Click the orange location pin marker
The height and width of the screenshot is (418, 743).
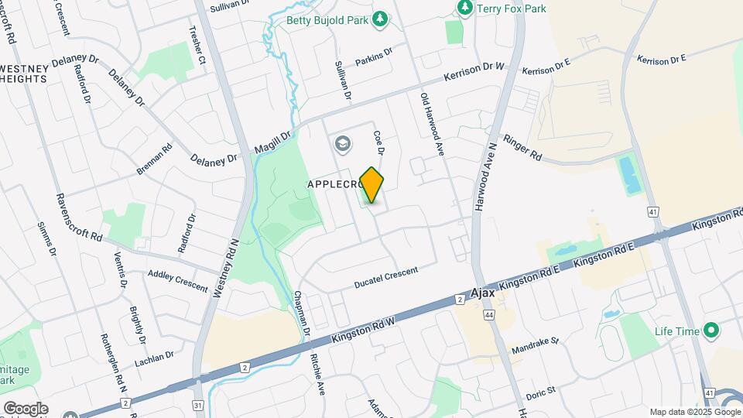click(372, 184)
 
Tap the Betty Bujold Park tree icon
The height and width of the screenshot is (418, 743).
click(379, 19)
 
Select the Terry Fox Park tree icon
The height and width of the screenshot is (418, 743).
click(464, 9)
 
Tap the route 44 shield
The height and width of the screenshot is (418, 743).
click(488, 316)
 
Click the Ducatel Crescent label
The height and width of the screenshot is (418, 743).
click(385, 277)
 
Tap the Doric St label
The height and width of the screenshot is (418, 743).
click(540, 389)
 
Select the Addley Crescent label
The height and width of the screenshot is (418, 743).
click(178, 280)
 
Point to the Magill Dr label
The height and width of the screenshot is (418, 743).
click(274, 142)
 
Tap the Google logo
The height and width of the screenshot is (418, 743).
click(26, 408)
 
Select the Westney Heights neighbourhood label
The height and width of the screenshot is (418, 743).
click(24, 74)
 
